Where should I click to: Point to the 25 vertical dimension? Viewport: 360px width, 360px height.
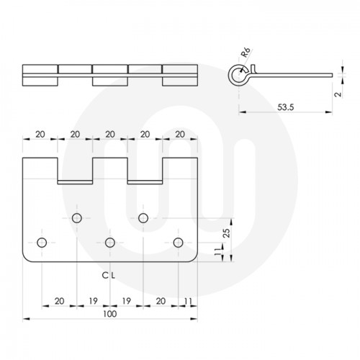tap(225, 233)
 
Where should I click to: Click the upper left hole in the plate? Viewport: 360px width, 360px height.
tap(76, 217)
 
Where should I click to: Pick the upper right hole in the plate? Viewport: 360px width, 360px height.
tap(143, 217)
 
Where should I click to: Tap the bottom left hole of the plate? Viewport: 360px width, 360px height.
tap(42, 241)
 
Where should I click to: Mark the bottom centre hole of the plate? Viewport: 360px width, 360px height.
tap(110, 241)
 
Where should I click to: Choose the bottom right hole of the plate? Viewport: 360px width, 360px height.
tap(177, 241)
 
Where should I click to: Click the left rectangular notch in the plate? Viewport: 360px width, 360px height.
tap(76, 170)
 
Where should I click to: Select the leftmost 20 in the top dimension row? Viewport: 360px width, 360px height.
tap(40, 135)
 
